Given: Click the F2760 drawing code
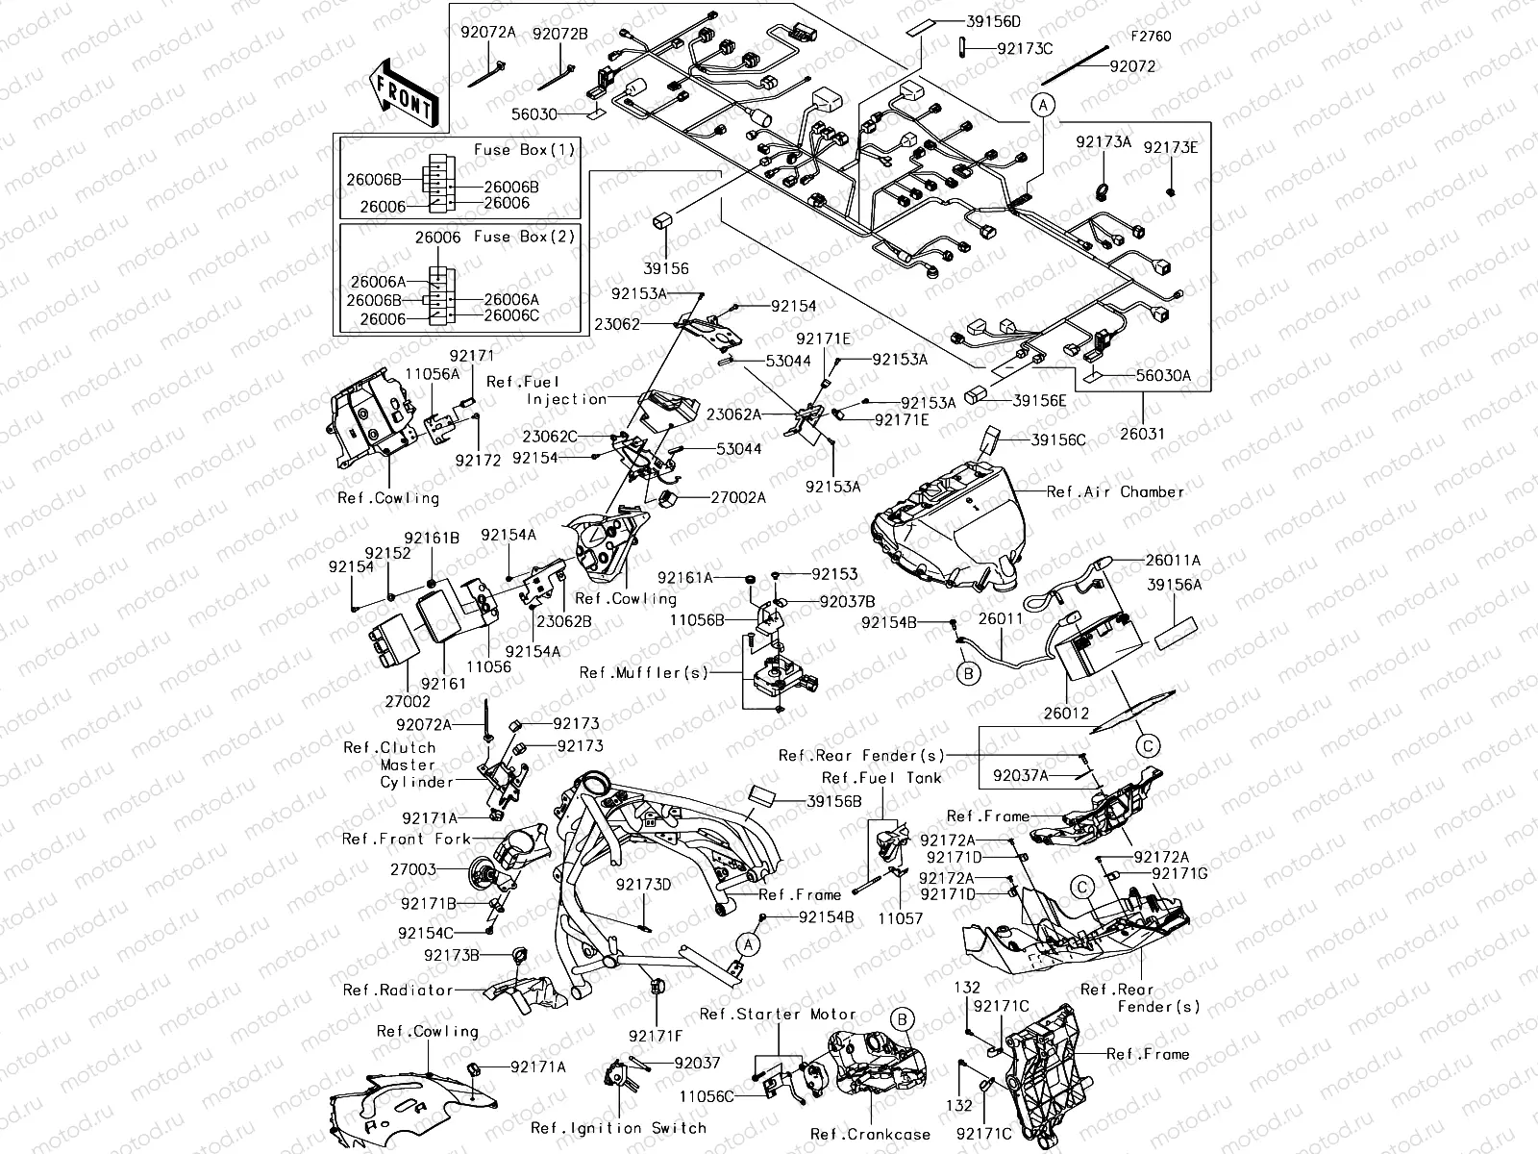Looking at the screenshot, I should [1151, 37].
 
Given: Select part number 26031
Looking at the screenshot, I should [1141, 434].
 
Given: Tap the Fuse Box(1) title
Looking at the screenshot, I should [524, 150].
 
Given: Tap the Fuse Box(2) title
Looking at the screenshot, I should [524, 237].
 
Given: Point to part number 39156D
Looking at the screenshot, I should [994, 21].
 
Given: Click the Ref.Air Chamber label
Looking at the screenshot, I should [1115, 491].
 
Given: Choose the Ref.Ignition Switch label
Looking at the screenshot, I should [618, 1128].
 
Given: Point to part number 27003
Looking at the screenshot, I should [413, 869].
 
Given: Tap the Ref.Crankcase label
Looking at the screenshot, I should [870, 1135].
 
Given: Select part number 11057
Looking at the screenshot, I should [900, 918].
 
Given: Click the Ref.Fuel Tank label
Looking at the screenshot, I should [881, 777].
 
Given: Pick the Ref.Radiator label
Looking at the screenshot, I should [397, 990].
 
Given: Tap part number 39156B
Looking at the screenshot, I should [833, 800].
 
